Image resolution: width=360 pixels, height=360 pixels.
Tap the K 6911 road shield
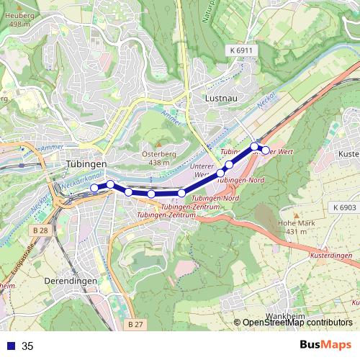click(x=243, y=50)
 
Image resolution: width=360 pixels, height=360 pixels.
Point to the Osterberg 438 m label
click(x=153, y=158)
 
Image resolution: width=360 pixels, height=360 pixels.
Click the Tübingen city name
click(x=86, y=164)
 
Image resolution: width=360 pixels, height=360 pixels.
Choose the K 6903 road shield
click(x=346, y=207)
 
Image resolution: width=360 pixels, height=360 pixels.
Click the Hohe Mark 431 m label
click(x=296, y=227)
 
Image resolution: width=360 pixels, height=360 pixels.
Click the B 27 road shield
click(x=135, y=325)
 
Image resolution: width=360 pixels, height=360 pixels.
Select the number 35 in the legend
click(x=27, y=346)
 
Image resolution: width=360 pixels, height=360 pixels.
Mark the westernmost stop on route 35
click(x=94, y=188)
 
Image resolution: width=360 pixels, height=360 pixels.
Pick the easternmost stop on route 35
click(x=265, y=150)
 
